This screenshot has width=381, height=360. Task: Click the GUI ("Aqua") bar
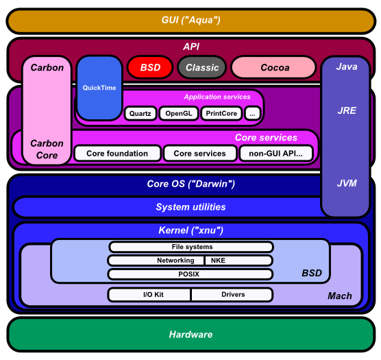(x=190, y=20)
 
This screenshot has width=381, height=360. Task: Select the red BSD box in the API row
(x=150, y=67)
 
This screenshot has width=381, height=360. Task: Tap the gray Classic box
(x=202, y=67)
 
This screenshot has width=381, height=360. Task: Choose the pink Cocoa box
(x=274, y=67)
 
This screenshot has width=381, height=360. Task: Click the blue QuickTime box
(x=99, y=88)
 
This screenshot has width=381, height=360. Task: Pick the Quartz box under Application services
(x=140, y=114)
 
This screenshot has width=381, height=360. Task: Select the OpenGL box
(x=179, y=114)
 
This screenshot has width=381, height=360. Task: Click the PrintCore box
(x=221, y=114)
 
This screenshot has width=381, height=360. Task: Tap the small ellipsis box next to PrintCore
(x=253, y=114)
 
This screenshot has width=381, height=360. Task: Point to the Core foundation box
(x=117, y=154)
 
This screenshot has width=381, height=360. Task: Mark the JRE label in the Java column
(x=346, y=110)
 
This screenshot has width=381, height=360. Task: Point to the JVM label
(x=346, y=183)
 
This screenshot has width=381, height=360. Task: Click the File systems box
(x=191, y=247)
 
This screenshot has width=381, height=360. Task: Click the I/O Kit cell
(x=149, y=295)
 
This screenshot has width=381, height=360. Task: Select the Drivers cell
(x=232, y=295)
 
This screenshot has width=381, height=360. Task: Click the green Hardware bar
(x=190, y=335)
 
